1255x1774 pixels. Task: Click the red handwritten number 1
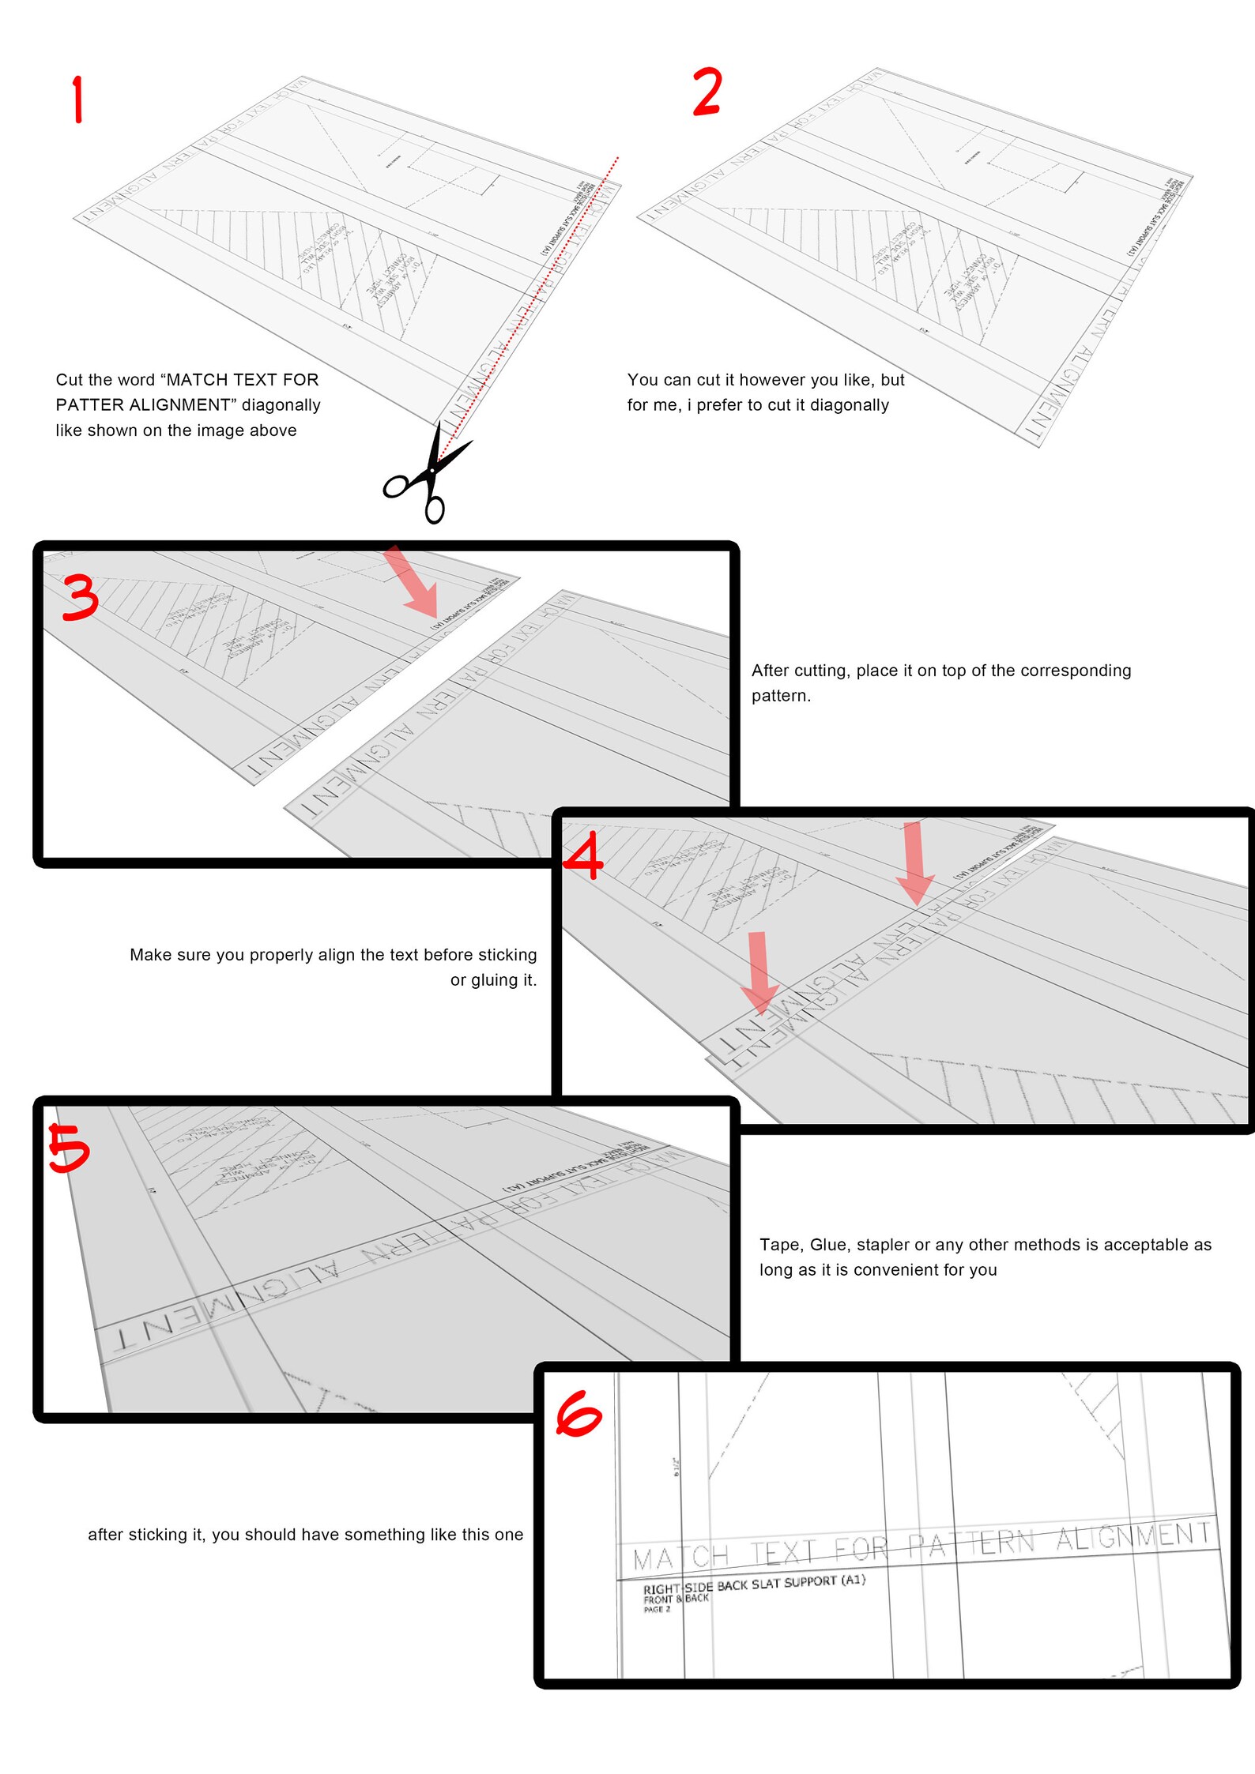(x=77, y=100)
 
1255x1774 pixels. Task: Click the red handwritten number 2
(x=707, y=92)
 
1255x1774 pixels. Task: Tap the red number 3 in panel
(x=80, y=597)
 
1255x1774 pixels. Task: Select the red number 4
(x=583, y=859)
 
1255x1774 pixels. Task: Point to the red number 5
(x=69, y=1148)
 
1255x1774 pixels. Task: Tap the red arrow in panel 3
(x=413, y=582)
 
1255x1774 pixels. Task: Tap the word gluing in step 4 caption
(x=494, y=980)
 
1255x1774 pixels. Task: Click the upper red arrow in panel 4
(x=914, y=863)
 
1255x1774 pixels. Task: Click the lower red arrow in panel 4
(x=759, y=972)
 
